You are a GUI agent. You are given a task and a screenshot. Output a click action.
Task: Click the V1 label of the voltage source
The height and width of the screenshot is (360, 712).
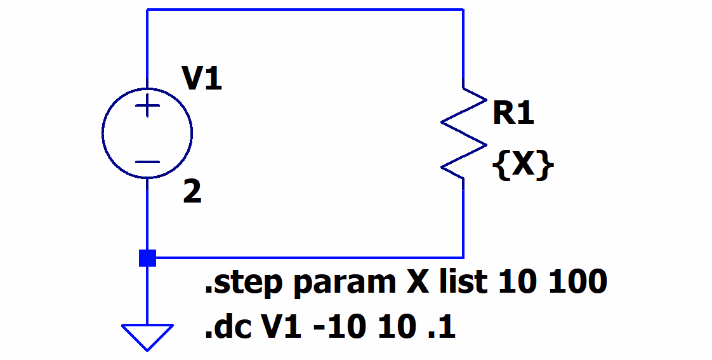click(x=202, y=79)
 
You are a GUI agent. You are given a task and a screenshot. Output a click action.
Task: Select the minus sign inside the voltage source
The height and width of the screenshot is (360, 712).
click(x=147, y=161)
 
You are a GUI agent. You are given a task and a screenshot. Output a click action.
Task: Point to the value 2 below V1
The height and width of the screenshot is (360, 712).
click(x=192, y=193)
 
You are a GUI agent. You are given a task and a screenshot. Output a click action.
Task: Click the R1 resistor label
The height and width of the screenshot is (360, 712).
click(x=513, y=114)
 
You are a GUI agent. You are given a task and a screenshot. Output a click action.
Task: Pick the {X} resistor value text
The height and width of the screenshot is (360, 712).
click(x=523, y=166)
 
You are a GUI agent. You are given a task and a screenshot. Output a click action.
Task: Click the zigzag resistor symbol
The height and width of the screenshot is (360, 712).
click(x=464, y=133)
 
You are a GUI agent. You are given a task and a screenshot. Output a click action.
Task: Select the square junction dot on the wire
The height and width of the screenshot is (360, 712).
click(x=147, y=258)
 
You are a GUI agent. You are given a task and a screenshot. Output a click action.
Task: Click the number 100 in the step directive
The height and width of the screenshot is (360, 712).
click(x=578, y=281)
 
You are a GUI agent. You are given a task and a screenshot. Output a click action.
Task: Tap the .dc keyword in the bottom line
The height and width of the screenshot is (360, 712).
click(x=226, y=328)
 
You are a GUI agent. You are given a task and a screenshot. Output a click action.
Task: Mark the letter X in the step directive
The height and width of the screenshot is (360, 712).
click(x=416, y=281)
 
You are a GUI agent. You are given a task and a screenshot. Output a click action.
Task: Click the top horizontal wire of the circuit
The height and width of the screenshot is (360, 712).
click(x=305, y=10)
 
